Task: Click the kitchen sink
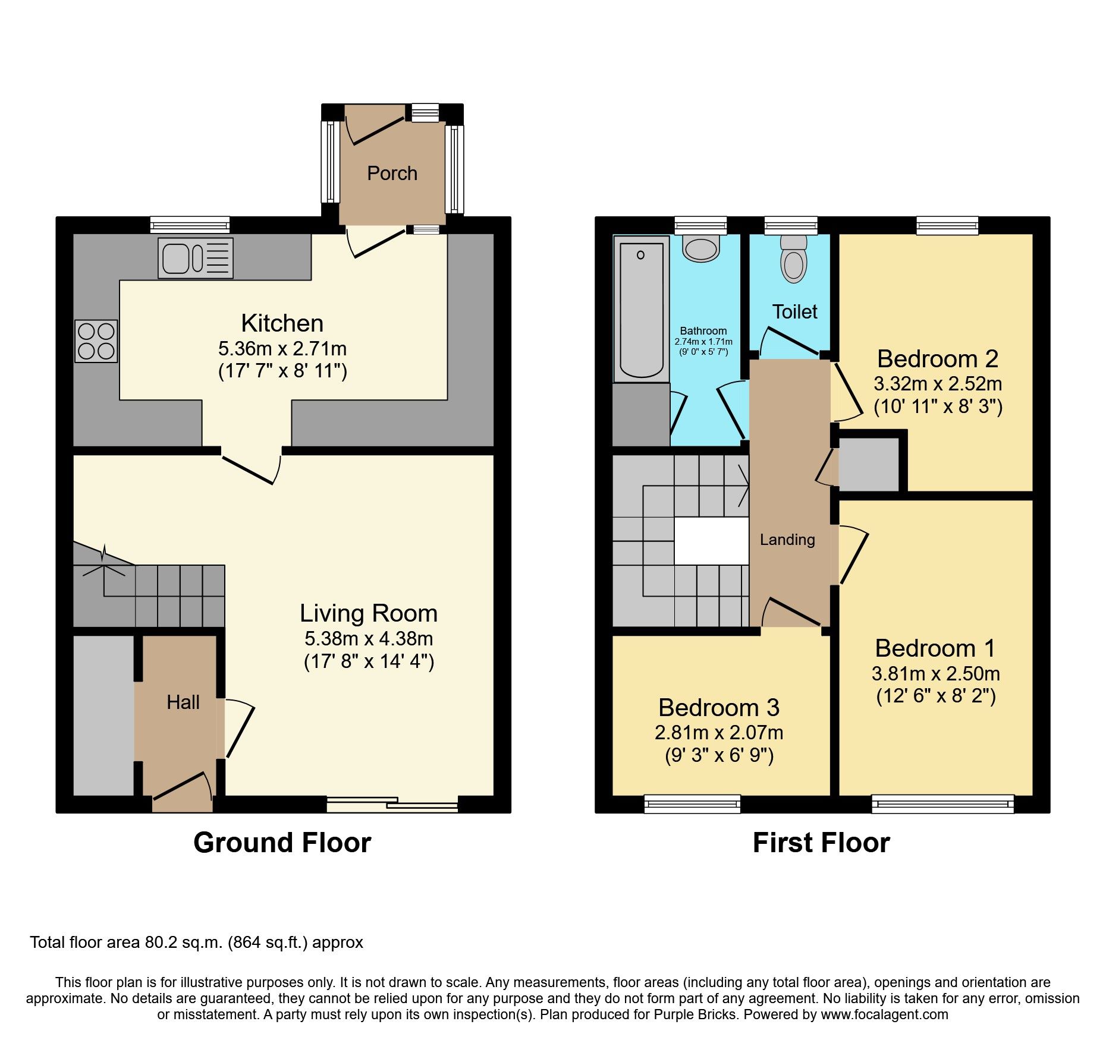(196, 258)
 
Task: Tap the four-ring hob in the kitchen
(96, 341)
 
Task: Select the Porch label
(392, 174)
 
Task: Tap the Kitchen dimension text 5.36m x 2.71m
(282, 349)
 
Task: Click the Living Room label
(369, 613)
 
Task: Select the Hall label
(183, 702)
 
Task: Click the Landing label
(787, 540)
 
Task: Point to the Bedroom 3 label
(719, 708)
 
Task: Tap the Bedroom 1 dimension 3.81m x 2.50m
(936, 674)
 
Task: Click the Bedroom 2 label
(938, 359)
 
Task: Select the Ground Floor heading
(282, 843)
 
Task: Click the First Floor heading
(821, 843)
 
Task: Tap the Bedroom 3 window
(693, 804)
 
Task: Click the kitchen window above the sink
(190, 225)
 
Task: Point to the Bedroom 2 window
(948, 225)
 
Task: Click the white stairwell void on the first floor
(711, 541)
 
